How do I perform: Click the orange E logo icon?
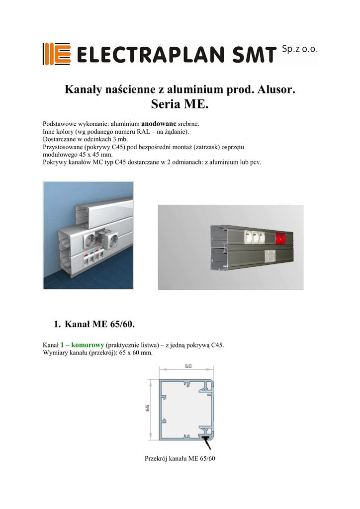(x=56, y=54)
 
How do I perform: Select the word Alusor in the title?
(x=275, y=90)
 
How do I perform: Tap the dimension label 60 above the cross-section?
(x=188, y=367)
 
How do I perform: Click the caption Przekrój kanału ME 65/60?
(x=180, y=458)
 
